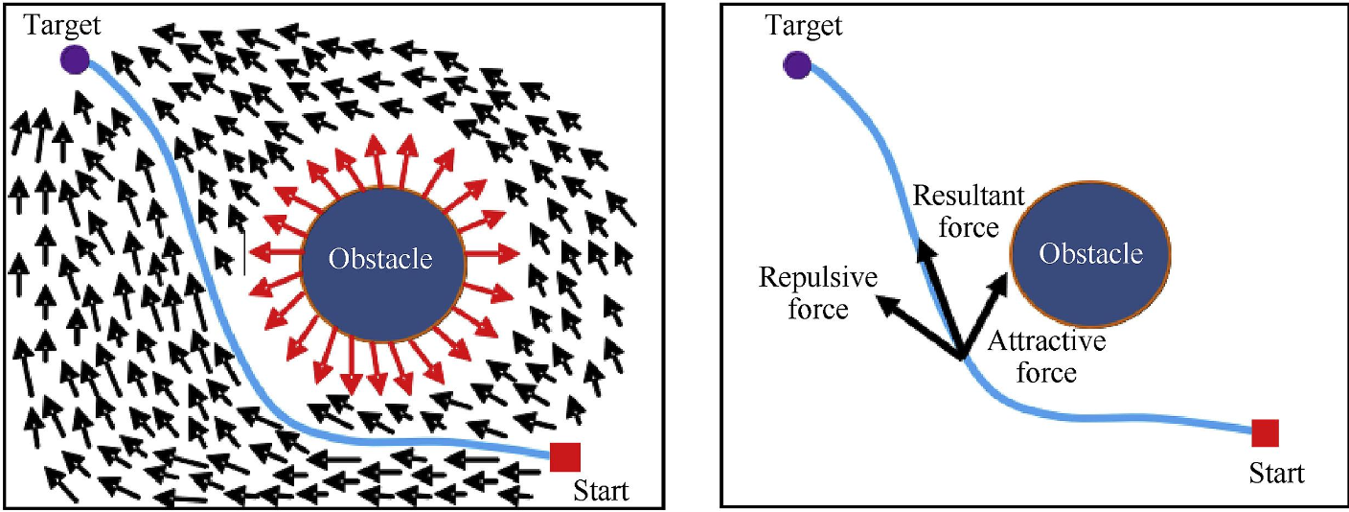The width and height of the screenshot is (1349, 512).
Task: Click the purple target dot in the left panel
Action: click(x=75, y=60)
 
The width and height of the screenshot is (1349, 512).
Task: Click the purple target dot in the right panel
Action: click(x=796, y=65)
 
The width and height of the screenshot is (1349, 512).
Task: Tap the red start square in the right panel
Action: click(x=1265, y=433)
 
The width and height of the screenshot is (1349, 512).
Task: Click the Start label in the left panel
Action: click(x=601, y=491)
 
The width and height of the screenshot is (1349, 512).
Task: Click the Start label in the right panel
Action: click(x=1277, y=473)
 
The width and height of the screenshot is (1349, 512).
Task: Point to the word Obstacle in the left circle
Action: click(x=381, y=259)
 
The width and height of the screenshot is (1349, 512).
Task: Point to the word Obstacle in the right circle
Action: click(x=1091, y=254)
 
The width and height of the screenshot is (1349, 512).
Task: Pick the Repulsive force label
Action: click(x=804, y=293)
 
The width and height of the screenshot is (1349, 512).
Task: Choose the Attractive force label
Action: click(x=1046, y=357)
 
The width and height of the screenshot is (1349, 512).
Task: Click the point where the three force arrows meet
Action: click(x=961, y=360)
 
